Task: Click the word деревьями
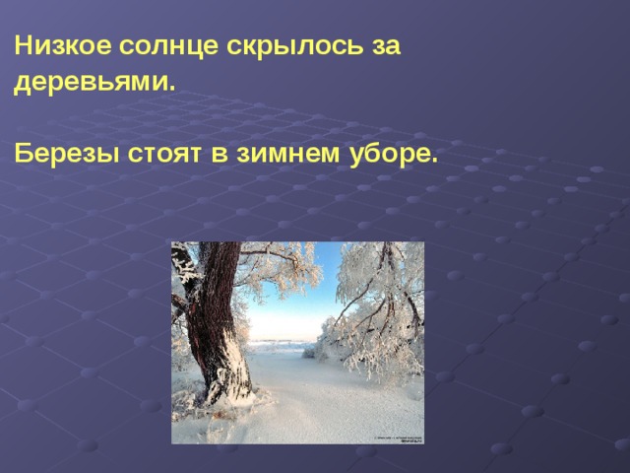92,83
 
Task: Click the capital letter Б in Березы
21,155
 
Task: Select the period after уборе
432,161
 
